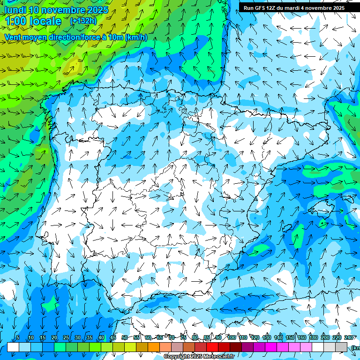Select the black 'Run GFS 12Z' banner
294,8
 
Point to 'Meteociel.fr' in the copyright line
218,357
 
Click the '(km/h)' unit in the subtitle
136,37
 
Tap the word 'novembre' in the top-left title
63,10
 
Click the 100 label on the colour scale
231,338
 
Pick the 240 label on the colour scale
349,338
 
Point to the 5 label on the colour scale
18,338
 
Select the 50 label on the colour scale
124,338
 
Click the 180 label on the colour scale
313,338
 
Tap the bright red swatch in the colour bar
212,347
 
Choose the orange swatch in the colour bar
154,347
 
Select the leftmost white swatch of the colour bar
13,347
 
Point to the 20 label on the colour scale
54,338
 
